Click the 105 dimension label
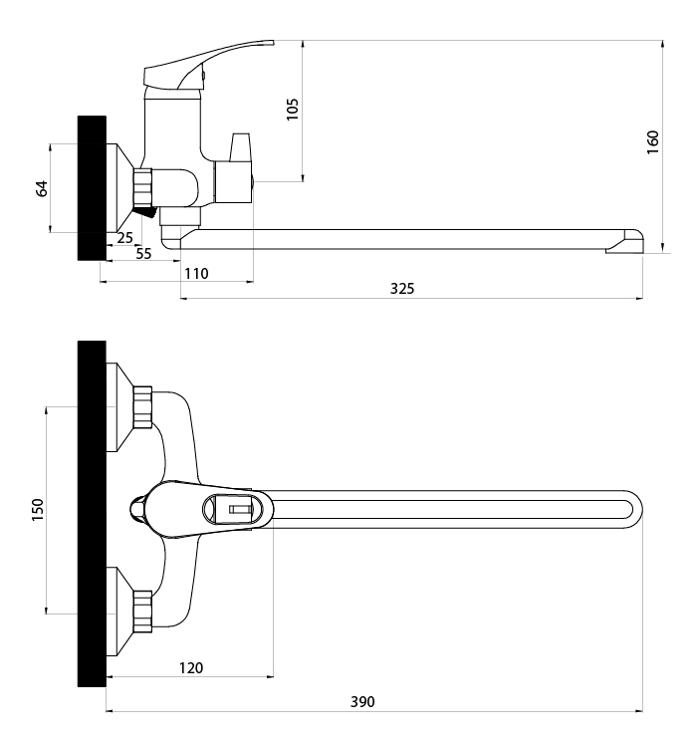tap(293, 109)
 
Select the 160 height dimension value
tap(652, 142)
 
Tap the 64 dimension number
tap(42, 188)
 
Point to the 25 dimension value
tap(125, 238)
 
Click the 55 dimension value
tap(143, 254)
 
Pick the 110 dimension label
tap(196, 274)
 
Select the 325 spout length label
tap(402, 289)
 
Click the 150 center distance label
tap(37, 510)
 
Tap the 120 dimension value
tap(191, 668)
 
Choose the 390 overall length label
tap(362, 702)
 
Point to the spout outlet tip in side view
tap(625, 242)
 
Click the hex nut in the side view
tap(144, 187)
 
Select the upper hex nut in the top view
tap(142, 407)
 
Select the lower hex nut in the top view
tap(142, 612)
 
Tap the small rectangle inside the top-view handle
tap(240, 510)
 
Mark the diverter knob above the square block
tap(240, 147)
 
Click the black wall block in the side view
tap(92, 188)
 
